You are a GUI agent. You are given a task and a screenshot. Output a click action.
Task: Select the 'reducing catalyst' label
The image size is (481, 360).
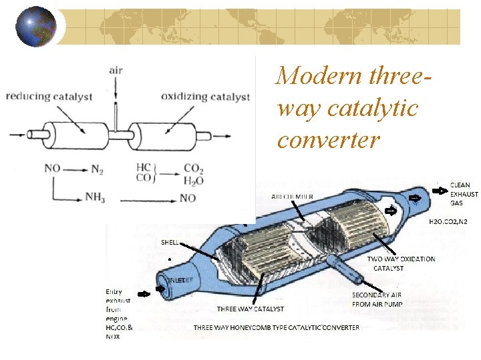tap(49, 97)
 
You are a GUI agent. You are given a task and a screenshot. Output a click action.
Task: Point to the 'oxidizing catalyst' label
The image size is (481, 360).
tap(206, 97)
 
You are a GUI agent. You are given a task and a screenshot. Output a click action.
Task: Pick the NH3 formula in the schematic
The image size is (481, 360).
tap(95, 197)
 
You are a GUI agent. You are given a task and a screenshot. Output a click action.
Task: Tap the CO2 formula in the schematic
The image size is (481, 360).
tap(194, 169)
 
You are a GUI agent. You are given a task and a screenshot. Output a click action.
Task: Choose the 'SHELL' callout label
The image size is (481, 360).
tap(170, 243)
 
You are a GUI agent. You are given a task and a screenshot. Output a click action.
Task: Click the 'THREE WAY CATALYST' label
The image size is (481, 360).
tap(250, 309)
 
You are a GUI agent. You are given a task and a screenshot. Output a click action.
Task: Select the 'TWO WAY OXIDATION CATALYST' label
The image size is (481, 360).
tap(401, 263)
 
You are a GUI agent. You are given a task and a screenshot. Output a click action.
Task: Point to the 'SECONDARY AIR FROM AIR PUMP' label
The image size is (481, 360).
tap(377, 299)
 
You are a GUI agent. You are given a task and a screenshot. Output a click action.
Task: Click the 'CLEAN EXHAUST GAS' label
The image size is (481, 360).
tap(464, 194)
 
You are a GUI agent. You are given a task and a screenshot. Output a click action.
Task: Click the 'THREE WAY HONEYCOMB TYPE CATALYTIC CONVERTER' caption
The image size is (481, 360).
tap(277, 327)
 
